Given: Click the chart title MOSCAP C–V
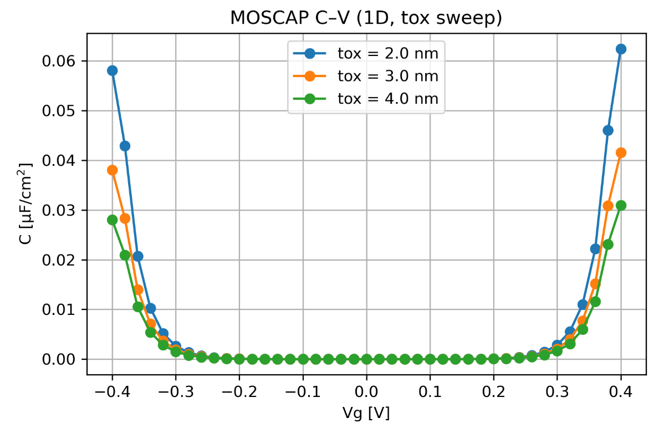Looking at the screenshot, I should [366, 18].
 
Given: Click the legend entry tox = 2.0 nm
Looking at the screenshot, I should [387, 53].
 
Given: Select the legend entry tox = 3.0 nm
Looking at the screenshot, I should [387, 76].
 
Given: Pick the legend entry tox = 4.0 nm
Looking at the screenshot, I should [387, 99].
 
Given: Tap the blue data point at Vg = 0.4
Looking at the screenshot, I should [621, 49].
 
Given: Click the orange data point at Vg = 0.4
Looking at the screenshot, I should [621, 152].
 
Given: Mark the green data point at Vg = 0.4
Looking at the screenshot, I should [621, 205].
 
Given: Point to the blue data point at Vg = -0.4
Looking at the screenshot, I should [113, 70].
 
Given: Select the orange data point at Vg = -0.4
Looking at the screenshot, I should [113, 170].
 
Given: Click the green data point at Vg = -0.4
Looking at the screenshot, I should [113, 220].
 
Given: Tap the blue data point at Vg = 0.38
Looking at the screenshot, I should [608, 130].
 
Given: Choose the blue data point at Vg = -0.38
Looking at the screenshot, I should [125, 146].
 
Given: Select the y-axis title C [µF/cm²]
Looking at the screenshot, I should [25, 205].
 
